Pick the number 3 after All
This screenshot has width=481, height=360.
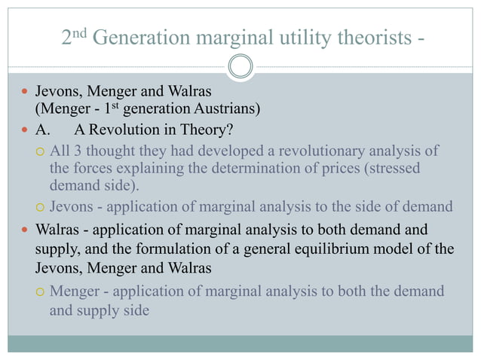click(x=76, y=151)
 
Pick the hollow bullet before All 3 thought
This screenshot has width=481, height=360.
click(x=41, y=151)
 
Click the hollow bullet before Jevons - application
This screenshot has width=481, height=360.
click(x=41, y=207)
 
